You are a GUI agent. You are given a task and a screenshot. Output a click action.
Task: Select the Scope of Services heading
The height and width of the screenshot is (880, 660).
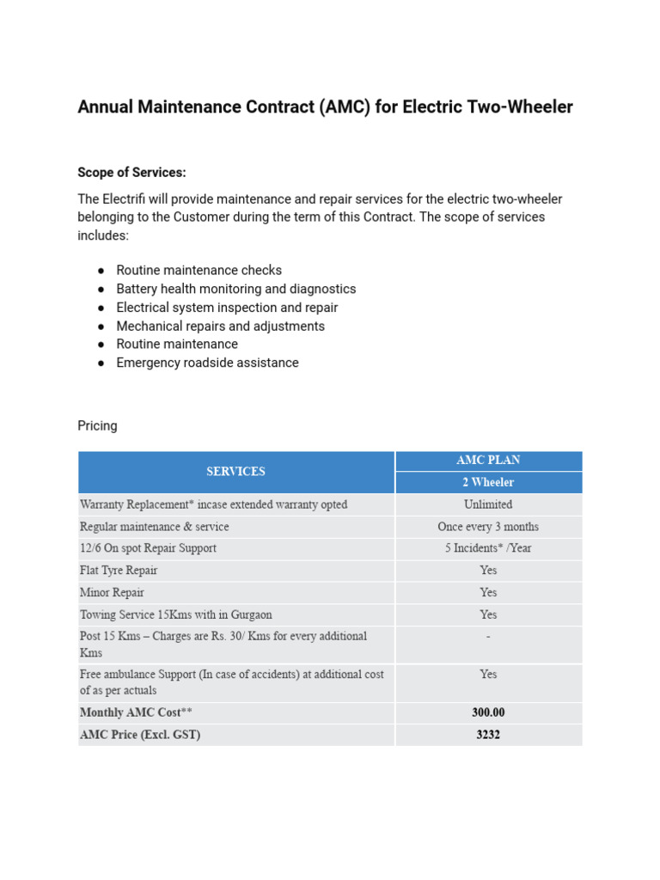click(131, 173)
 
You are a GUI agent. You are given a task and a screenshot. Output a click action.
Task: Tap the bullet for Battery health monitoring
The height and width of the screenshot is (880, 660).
click(101, 290)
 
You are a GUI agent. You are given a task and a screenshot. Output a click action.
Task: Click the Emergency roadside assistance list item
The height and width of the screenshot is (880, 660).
click(207, 363)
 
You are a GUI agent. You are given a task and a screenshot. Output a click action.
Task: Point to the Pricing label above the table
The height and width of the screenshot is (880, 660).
click(97, 426)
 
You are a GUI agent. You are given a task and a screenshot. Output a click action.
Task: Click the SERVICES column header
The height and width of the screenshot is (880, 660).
click(235, 472)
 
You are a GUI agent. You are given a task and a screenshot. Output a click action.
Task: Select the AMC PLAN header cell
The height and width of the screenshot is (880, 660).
click(488, 461)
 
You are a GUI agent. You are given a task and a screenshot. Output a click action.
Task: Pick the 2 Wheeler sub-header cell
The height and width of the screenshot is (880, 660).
click(488, 483)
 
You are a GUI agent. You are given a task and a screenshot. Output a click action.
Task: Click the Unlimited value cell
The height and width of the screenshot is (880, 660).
click(488, 504)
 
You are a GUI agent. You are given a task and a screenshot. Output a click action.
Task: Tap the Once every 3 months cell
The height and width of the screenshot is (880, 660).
click(488, 527)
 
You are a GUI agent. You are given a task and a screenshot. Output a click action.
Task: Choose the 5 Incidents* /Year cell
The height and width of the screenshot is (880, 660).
click(488, 548)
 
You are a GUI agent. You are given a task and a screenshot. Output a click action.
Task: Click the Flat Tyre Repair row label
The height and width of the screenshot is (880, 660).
click(119, 571)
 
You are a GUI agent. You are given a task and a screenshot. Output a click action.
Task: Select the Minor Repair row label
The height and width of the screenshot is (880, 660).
click(112, 593)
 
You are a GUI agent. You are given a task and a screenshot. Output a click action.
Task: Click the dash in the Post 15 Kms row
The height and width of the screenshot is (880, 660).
click(488, 637)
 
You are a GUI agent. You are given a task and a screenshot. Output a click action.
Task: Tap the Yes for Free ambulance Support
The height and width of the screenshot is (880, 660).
click(488, 675)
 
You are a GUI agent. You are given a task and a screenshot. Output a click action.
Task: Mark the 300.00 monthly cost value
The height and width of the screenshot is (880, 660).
click(488, 712)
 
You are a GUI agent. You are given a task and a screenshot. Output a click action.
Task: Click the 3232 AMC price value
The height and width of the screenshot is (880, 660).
click(488, 735)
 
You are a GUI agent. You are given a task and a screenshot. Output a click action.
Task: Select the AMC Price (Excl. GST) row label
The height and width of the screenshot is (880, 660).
click(140, 735)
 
